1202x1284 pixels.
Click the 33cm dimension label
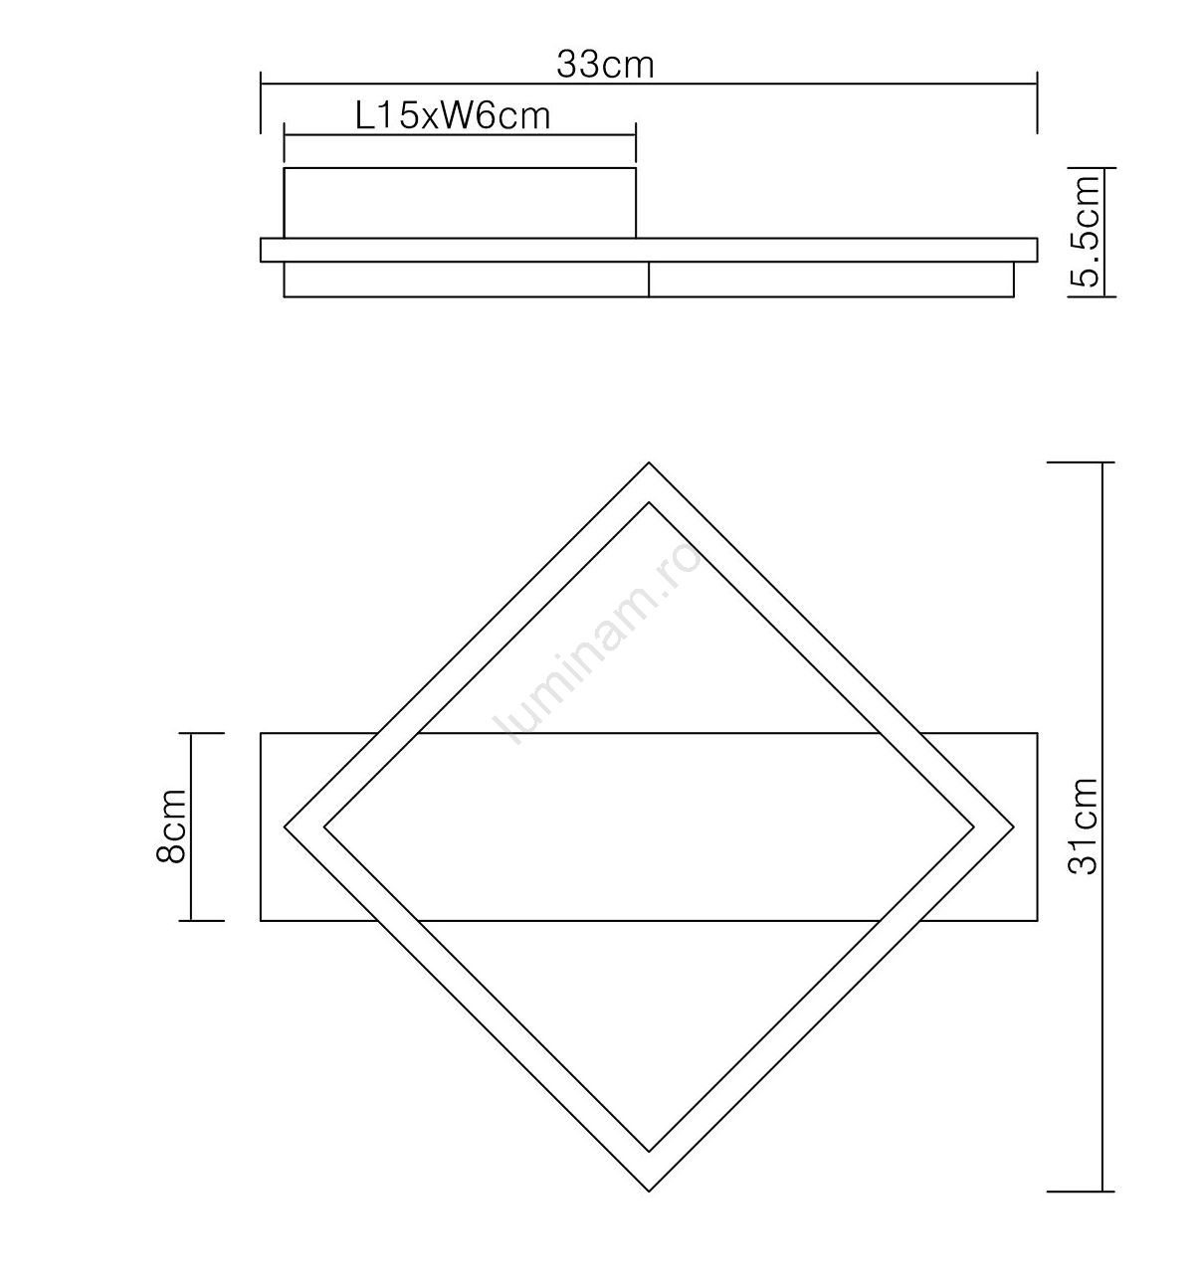click(605, 66)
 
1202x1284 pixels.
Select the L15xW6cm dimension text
click(453, 117)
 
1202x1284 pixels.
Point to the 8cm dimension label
click(171, 825)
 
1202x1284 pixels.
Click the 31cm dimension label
click(1083, 825)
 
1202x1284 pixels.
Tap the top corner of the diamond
click(648, 462)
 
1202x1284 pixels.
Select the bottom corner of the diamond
click(648, 1191)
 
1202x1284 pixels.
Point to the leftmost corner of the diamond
click(285, 826)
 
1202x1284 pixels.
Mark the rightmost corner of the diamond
click(1013, 826)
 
